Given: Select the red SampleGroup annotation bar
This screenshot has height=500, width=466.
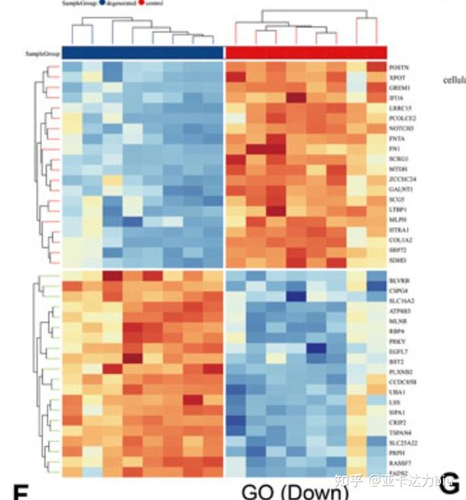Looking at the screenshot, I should click(x=306, y=52).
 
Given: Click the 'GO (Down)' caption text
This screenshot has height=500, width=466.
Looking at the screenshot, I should click(x=292, y=491).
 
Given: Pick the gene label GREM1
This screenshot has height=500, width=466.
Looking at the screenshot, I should click(x=401, y=88).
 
